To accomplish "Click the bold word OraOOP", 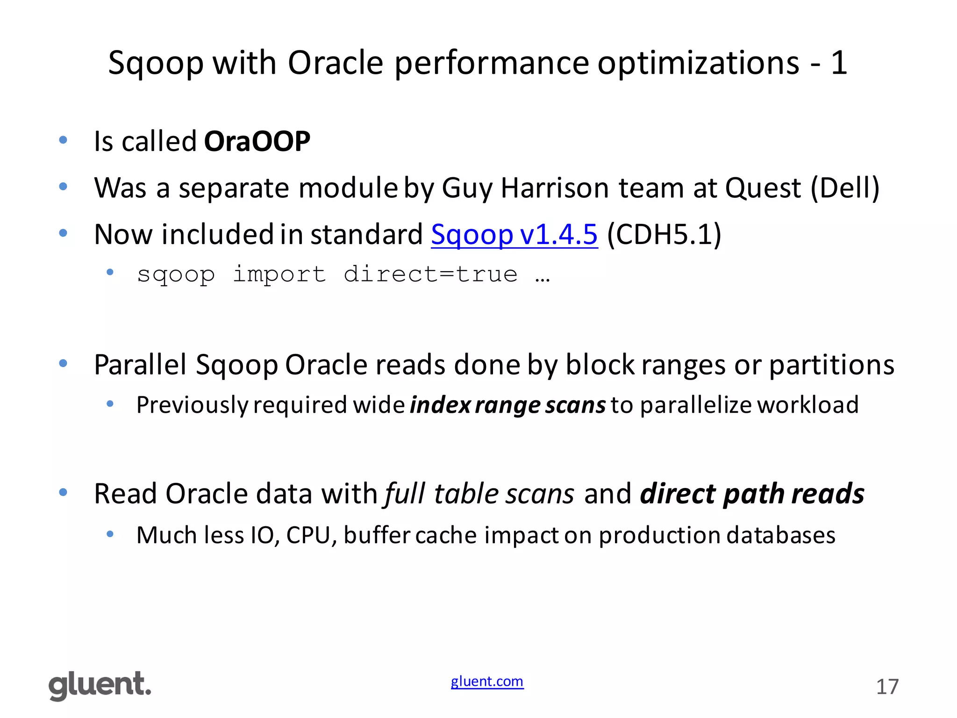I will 257,141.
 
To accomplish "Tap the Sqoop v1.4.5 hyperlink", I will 514,234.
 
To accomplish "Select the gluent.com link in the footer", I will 487,682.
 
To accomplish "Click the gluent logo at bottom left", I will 100,686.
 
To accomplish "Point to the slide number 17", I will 887,687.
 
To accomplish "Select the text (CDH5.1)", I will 664,234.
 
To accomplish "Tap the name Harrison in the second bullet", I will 555,188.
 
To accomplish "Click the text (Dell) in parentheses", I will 845,188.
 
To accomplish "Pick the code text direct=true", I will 430,274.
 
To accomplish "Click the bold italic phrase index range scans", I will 507,405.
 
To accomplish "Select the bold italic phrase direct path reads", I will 752,494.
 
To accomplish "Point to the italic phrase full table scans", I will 478,494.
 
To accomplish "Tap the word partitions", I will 832,365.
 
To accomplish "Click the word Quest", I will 763,188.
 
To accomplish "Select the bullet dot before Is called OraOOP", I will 63,140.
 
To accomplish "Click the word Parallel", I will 140,365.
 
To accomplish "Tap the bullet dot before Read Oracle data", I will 63,492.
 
